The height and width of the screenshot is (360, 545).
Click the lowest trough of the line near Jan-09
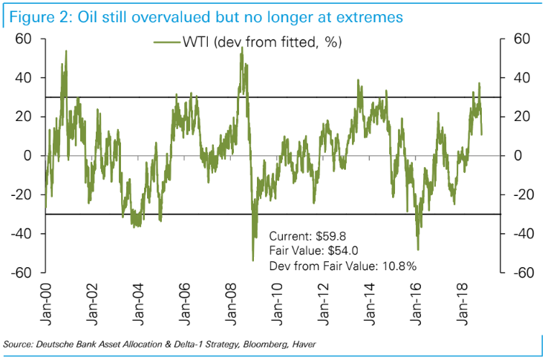[x=253, y=260]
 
